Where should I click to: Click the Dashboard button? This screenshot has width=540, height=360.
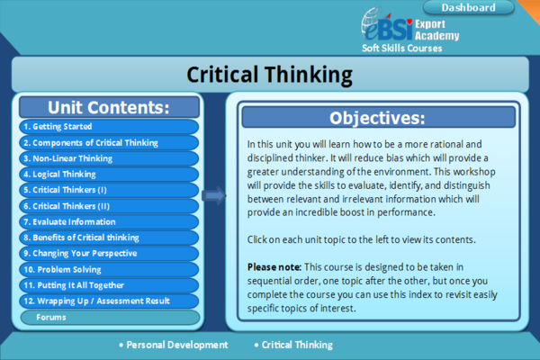click(468, 7)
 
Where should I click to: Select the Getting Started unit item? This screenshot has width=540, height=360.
click(109, 126)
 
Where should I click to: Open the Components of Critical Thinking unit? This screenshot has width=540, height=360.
click(109, 142)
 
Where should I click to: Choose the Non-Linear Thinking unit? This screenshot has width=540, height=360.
click(109, 158)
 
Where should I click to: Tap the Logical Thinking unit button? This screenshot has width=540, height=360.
click(109, 175)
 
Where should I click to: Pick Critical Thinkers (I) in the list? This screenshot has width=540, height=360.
click(109, 190)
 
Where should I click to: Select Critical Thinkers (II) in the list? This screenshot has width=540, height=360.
click(109, 206)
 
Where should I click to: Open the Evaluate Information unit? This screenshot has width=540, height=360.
click(109, 222)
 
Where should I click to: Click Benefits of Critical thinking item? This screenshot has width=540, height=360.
click(109, 238)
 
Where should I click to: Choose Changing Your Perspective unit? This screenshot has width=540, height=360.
click(109, 254)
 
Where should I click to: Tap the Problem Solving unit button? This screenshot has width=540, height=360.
click(109, 269)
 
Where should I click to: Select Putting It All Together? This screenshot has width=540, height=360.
click(109, 285)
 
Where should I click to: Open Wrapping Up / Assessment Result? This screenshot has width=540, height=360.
click(109, 301)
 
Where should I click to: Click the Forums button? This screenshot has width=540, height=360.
click(110, 318)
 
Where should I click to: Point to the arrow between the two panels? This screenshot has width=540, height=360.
click(214, 195)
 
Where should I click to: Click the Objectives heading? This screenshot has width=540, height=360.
click(378, 118)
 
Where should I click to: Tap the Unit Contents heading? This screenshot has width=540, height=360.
click(109, 107)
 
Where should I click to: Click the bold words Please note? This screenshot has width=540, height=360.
click(274, 267)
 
